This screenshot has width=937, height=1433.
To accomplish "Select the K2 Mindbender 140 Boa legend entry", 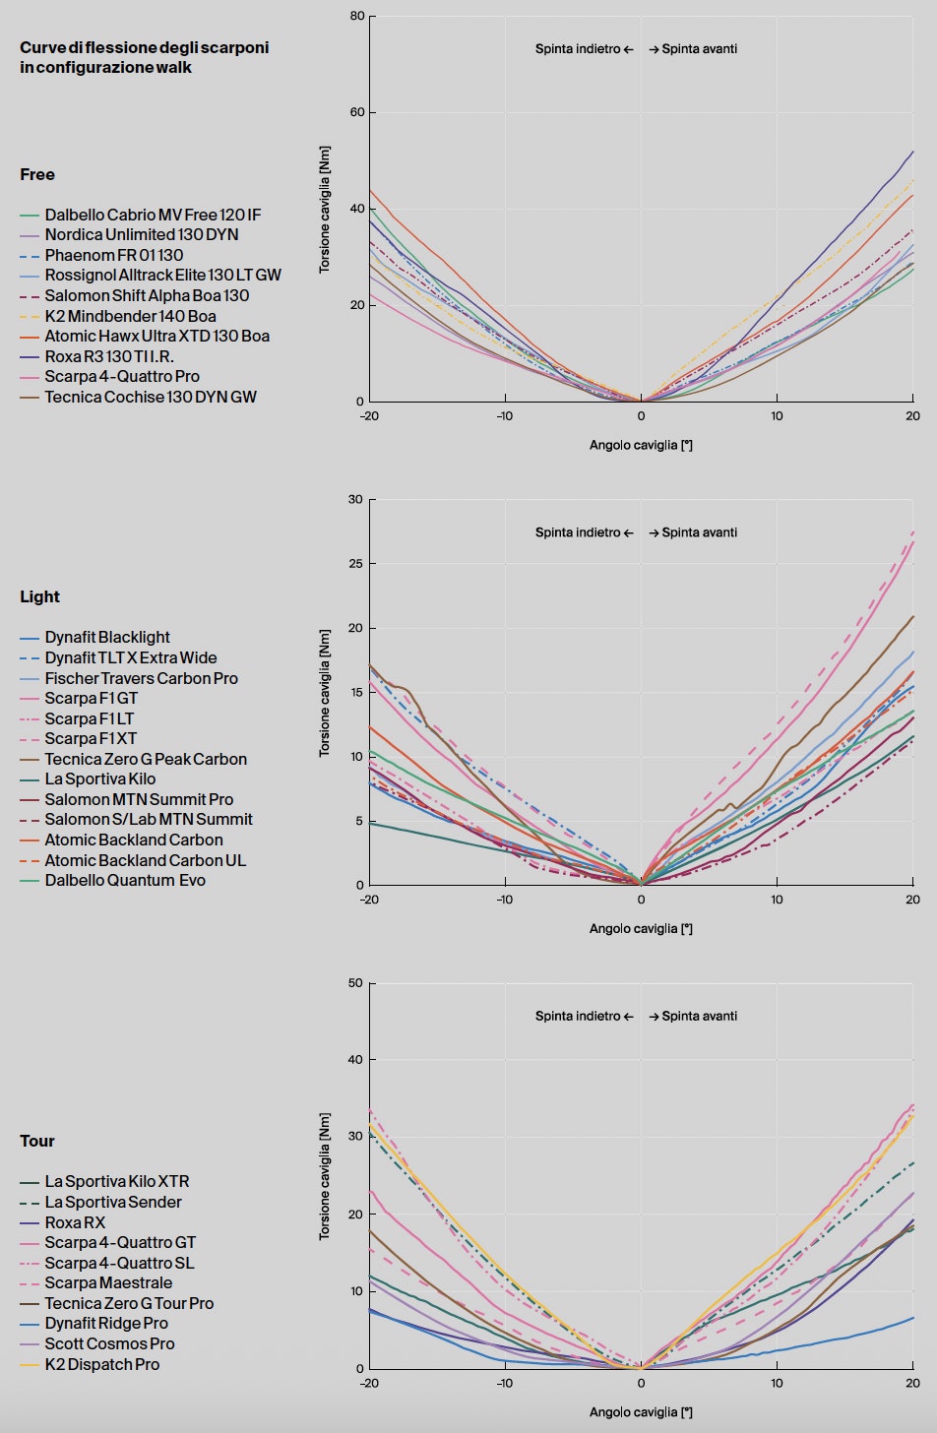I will click(130, 316).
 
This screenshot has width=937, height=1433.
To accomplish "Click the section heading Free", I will click(37, 174).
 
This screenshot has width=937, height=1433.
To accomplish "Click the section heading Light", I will click(39, 596).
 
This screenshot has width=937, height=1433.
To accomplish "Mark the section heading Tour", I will click(37, 1141).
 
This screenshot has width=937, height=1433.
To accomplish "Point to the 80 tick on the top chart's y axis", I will click(356, 16).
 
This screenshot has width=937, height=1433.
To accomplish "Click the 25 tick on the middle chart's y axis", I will click(356, 564).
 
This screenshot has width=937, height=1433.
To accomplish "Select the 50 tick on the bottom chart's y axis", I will click(356, 983).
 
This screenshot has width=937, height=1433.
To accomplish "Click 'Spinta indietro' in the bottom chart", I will click(578, 1016).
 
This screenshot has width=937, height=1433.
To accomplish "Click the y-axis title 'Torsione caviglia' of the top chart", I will click(325, 210).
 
